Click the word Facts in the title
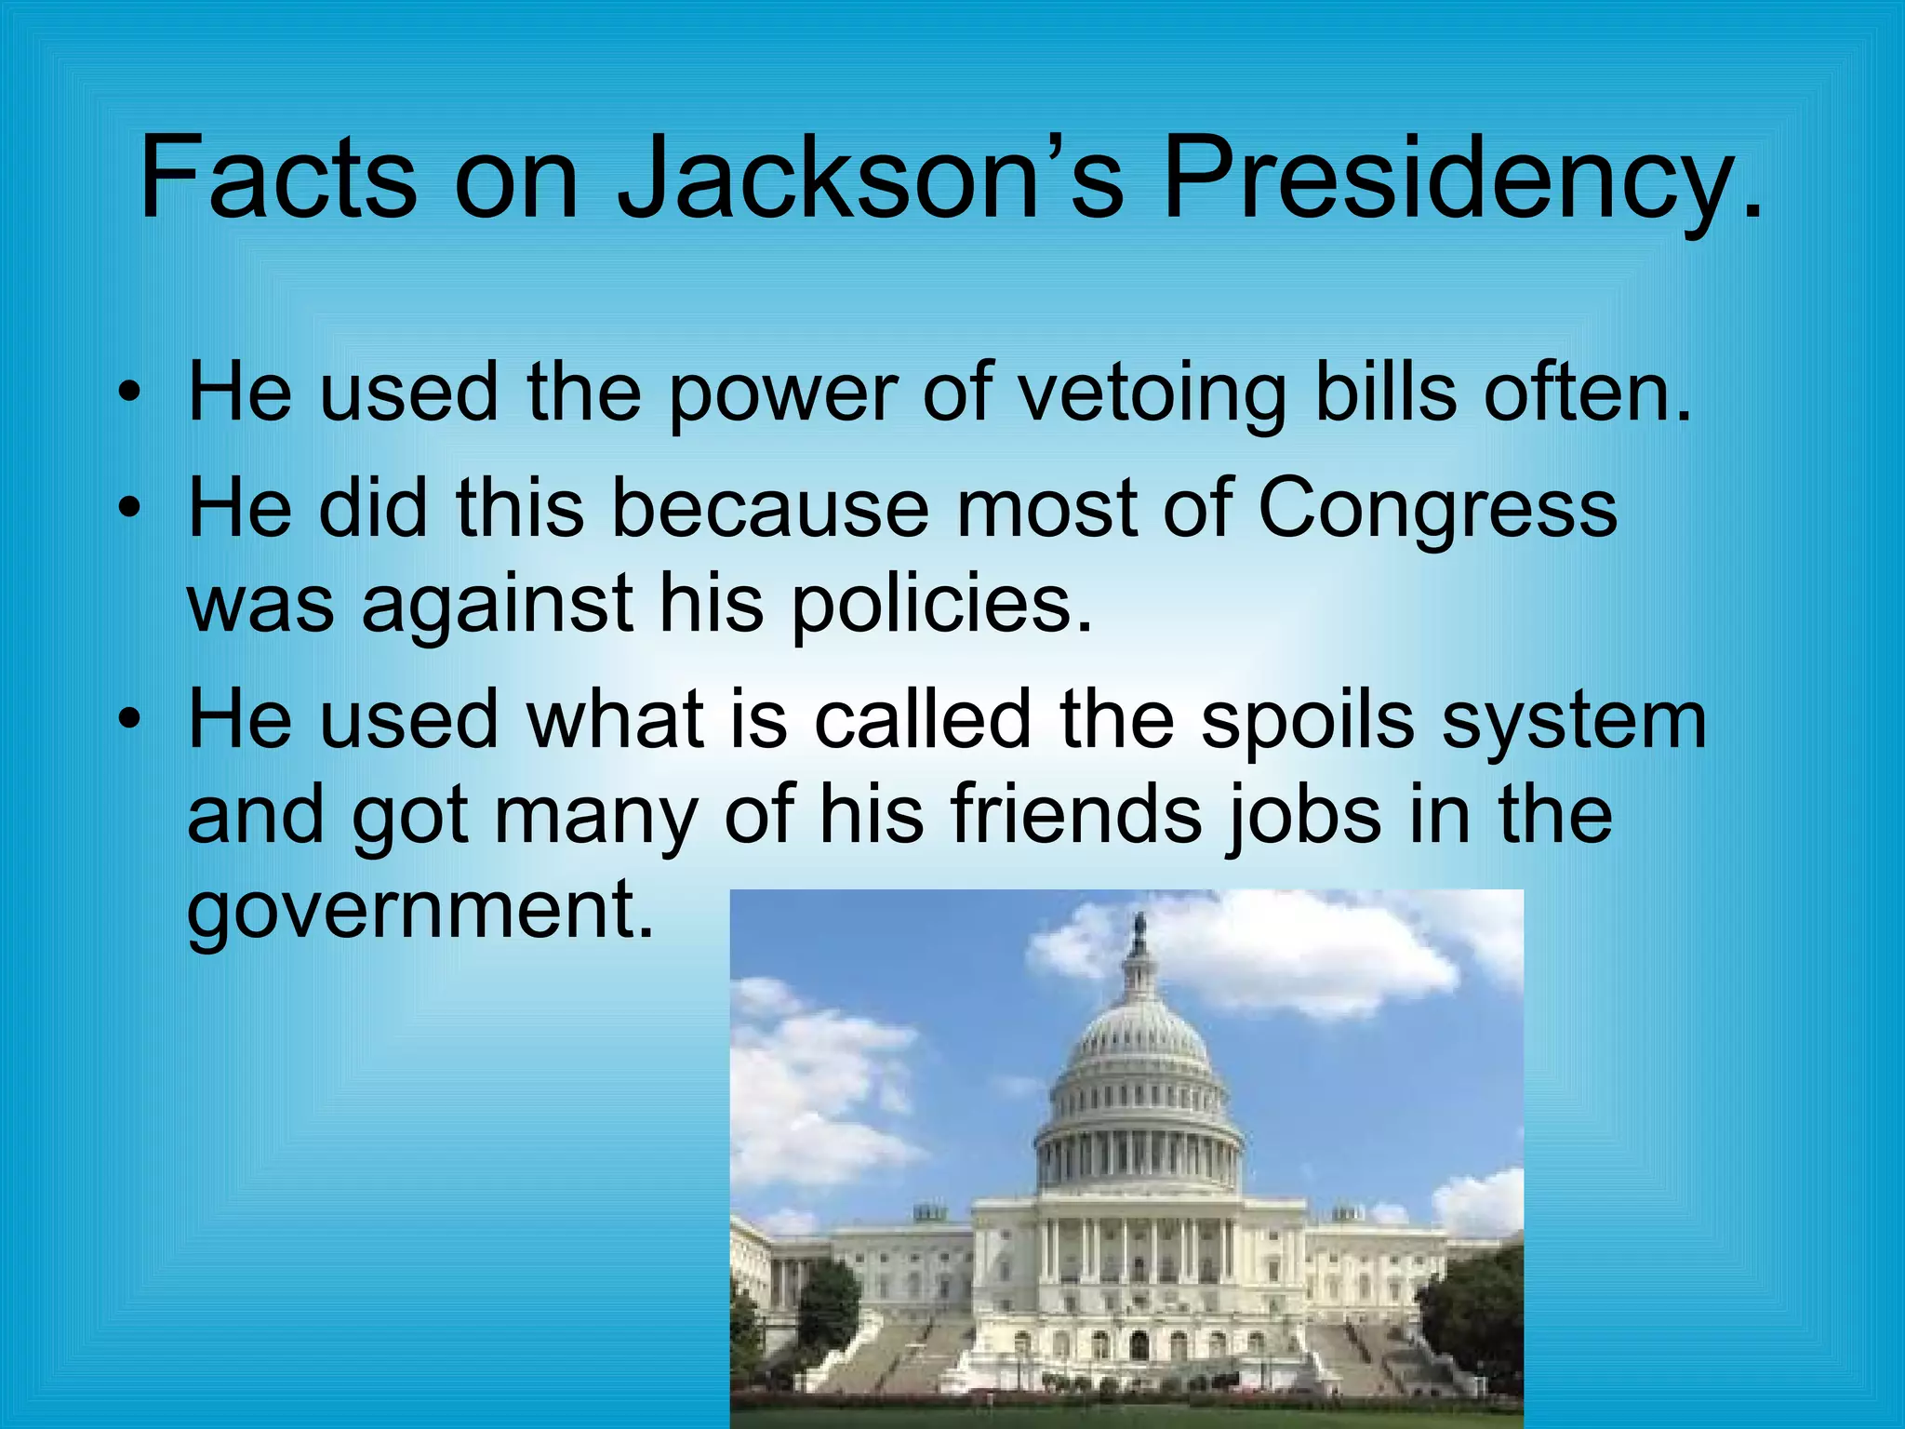[x=277, y=177]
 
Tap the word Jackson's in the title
[x=870, y=177]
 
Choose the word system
[x=1575, y=722]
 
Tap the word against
[x=498, y=605]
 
